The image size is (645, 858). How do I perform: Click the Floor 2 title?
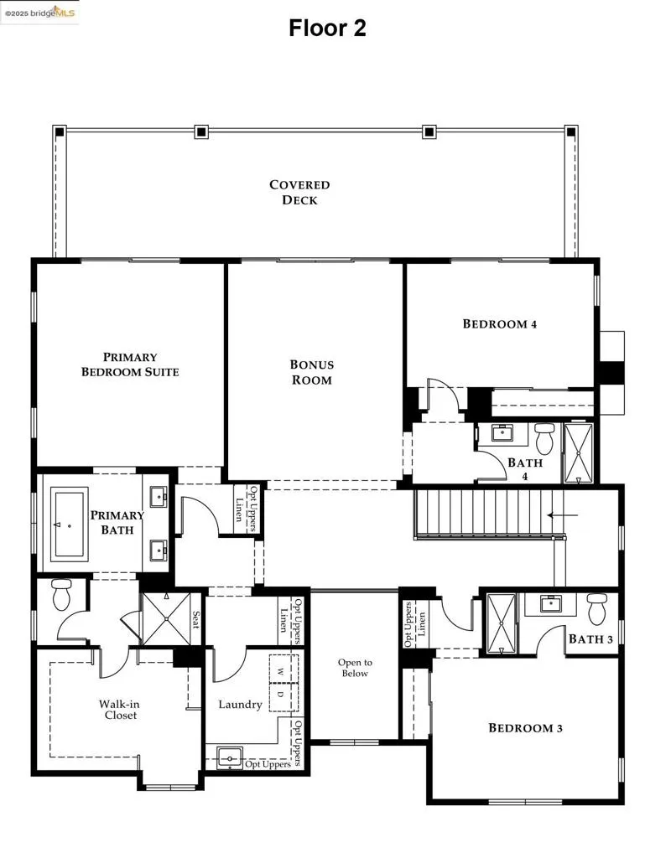[x=327, y=28]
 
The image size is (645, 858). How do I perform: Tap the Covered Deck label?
[x=299, y=193]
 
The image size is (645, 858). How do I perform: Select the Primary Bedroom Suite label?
[x=130, y=364]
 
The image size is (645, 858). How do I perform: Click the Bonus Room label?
[x=312, y=372]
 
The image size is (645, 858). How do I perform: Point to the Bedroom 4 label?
[x=500, y=324]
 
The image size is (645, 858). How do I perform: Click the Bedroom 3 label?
[x=526, y=728]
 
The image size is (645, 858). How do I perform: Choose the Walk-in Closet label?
[x=118, y=710]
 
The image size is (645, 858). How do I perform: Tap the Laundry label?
[x=240, y=705]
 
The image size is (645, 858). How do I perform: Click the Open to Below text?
[x=355, y=668]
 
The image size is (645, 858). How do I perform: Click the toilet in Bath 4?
[x=545, y=437]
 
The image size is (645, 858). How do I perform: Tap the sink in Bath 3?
[x=550, y=603]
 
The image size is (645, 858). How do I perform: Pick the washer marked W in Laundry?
[x=282, y=672]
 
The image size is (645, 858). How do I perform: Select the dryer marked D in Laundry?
[x=282, y=695]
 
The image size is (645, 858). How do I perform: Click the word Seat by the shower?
[x=195, y=619]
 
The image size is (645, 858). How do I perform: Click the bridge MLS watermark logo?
[x=39, y=12]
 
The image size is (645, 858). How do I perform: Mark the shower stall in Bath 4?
[x=578, y=453]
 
